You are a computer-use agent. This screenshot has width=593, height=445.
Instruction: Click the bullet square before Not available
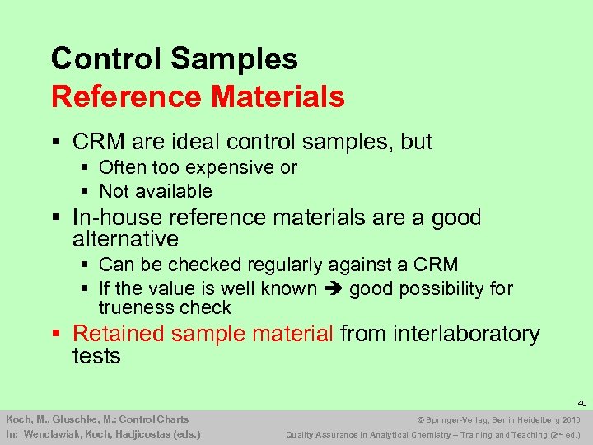pyautogui.click(x=86, y=191)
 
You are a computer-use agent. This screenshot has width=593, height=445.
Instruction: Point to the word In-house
pyautogui.click(x=112, y=218)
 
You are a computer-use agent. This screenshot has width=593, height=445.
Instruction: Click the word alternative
pyautogui.click(x=125, y=240)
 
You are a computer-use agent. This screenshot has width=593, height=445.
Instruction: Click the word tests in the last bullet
pyautogui.click(x=96, y=356)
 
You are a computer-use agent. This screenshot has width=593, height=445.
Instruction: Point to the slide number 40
pyautogui.click(x=581, y=404)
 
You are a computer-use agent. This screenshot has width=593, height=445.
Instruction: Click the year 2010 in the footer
pyautogui.click(x=572, y=419)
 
